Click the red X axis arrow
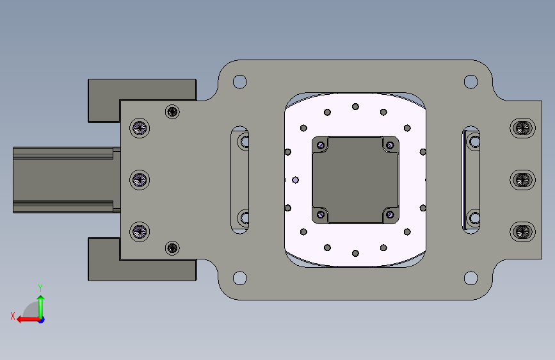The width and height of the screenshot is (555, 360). pyautogui.click(x=28, y=320)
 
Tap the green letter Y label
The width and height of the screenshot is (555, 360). pyautogui.click(x=40, y=288)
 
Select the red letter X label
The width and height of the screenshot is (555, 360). pyautogui.click(x=13, y=316)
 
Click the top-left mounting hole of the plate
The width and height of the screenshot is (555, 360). pyautogui.click(x=240, y=81)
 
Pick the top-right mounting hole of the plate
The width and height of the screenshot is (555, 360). pyautogui.click(x=471, y=81)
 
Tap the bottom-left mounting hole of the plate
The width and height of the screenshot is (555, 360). pyautogui.click(x=240, y=278)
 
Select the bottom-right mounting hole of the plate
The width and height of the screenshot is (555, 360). pyautogui.click(x=471, y=278)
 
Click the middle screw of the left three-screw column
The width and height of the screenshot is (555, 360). pyautogui.click(x=140, y=180)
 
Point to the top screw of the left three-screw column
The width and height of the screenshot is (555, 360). pyautogui.click(x=140, y=128)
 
